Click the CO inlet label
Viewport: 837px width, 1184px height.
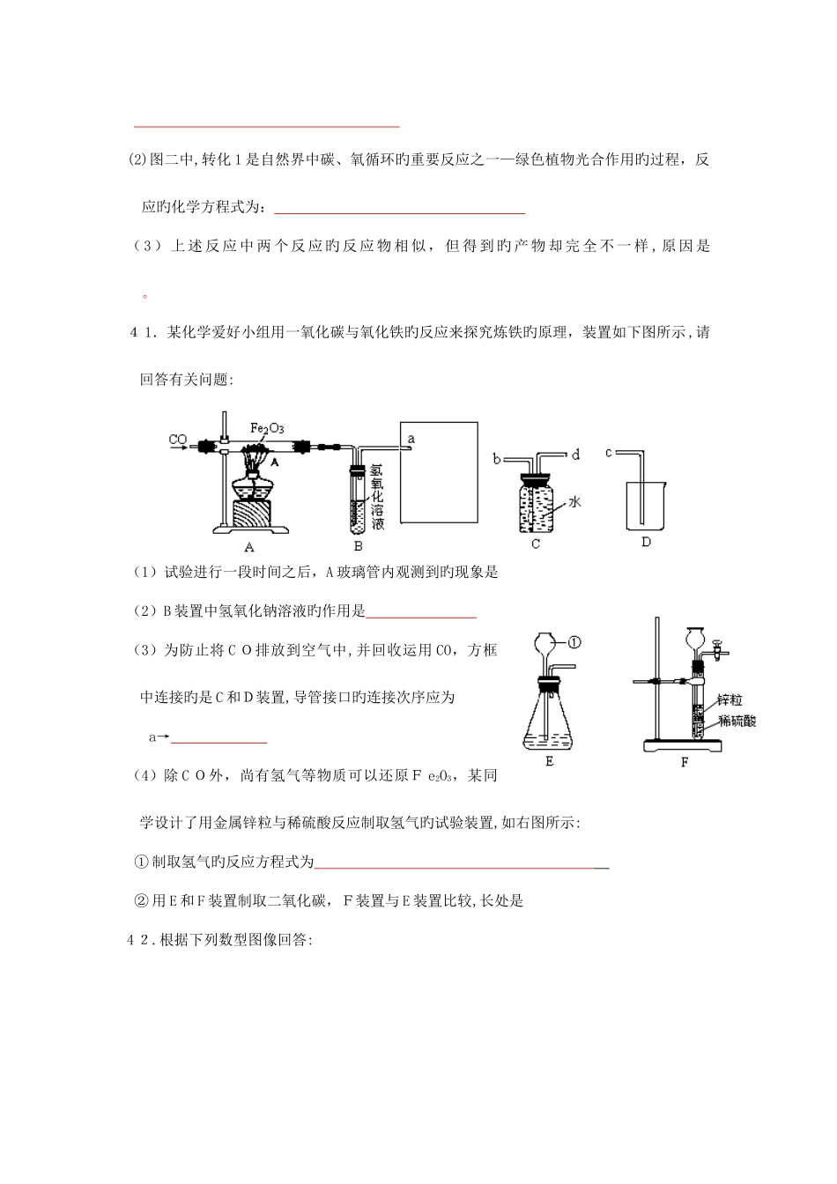coord(177,438)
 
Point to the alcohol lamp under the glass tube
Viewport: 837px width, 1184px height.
coord(253,486)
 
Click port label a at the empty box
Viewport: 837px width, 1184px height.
coord(411,438)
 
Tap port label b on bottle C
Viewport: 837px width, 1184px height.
coord(497,458)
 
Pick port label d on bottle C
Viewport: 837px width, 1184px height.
coord(575,455)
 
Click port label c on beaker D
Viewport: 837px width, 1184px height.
coord(608,454)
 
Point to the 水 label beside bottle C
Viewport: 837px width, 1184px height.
coord(573,501)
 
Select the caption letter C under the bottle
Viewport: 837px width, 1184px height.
coord(535,544)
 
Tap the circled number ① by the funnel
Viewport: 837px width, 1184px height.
coord(574,642)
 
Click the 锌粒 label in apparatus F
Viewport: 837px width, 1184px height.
coord(730,699)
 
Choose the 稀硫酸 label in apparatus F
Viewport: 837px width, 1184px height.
coord(737,720)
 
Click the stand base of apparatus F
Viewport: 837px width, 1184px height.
coord(684,746)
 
